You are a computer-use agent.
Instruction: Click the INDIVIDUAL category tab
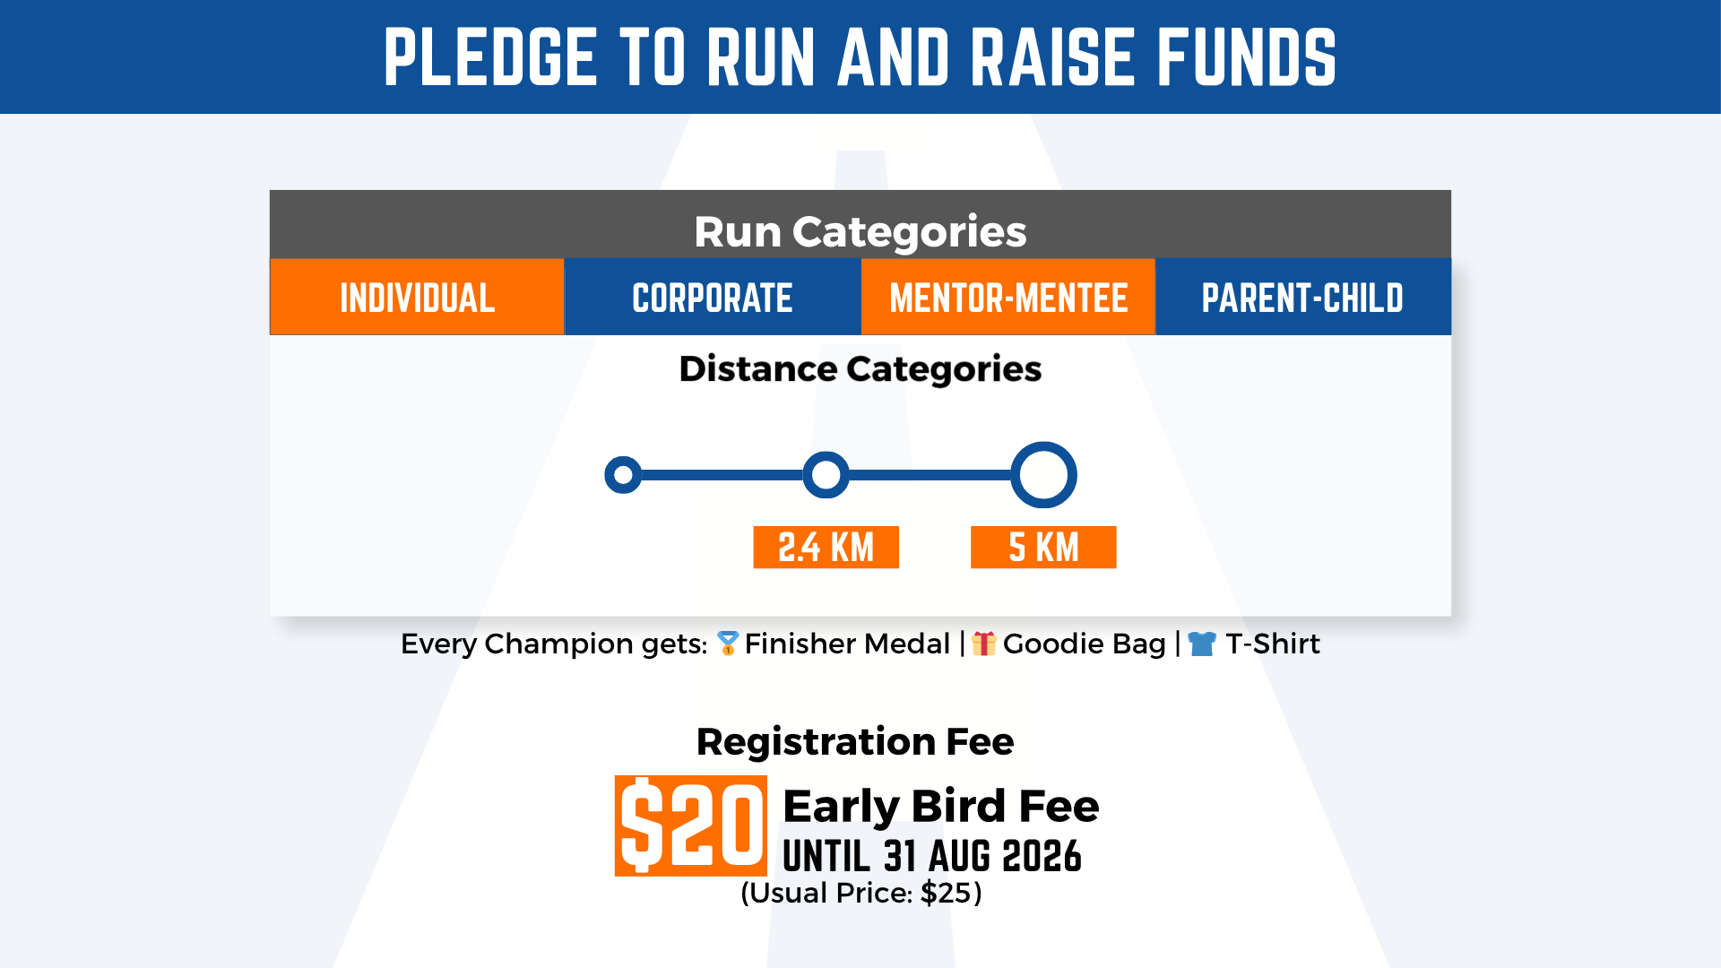point(417,297)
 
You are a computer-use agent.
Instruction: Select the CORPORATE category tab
point(713,297)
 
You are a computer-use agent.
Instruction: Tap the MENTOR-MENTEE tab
point(1008,297)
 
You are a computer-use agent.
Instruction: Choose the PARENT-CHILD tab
point(1303,297)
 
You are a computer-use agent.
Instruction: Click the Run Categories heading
point(860,232)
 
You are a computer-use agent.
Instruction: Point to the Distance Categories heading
point(860,369)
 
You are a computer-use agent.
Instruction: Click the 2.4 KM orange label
point(826,547)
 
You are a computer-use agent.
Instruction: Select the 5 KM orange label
point(1043,547)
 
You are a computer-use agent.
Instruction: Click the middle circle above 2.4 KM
point(806,475)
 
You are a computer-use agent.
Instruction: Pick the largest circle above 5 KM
point(1016,475)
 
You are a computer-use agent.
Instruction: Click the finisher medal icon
point(728,643)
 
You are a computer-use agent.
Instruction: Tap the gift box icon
point(984,643)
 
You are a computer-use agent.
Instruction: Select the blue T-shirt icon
point(1202,644)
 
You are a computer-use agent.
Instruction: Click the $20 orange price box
point(691,825)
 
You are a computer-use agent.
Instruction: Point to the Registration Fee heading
point(855,741)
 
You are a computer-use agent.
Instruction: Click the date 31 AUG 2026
point(982,856)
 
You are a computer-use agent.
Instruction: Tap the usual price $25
point(946,893)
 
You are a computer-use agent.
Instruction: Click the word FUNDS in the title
point(1247,57)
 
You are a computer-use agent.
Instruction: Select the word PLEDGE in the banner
point(490,57)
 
